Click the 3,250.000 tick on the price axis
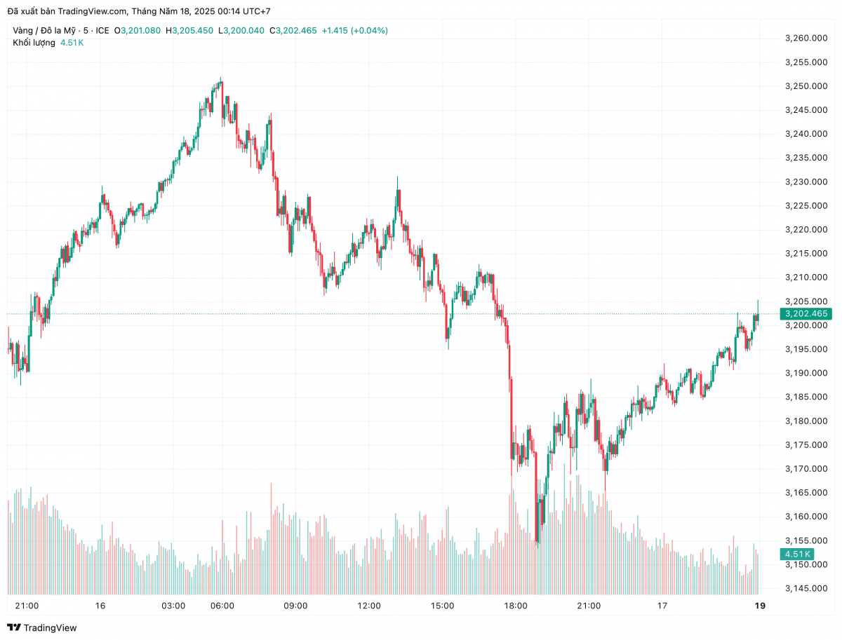coord(806,86)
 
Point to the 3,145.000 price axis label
coord(806,588)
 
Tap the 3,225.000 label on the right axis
coord(806,205)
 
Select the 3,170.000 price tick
coord(806,468)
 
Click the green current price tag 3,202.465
coord(806,313)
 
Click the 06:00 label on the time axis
coord(222,606)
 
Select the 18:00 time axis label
coord(516,606)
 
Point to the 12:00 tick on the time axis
coord(369,606)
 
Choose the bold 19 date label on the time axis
coord(759,606)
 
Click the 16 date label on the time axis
coord(100,606)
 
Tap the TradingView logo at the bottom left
coord(42,627)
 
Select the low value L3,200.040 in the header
coord(241,30)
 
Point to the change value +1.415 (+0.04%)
coord(354,30)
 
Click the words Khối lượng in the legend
coord(34,43)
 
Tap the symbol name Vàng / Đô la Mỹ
coord(44,30)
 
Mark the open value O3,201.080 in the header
coord(141,30)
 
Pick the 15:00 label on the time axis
coord(442,606)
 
